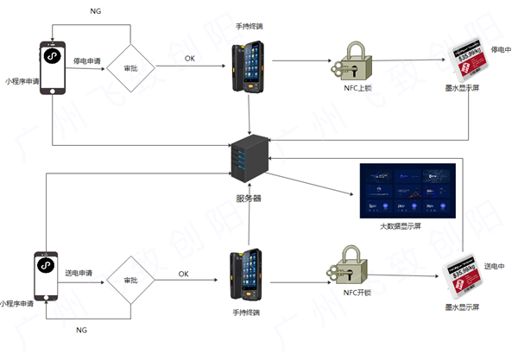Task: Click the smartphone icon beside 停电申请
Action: (53, 66)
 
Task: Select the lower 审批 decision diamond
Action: (130, 281)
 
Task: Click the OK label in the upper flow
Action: (190, 58)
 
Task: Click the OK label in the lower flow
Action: (183, 274)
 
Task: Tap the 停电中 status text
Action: (501, 49)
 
